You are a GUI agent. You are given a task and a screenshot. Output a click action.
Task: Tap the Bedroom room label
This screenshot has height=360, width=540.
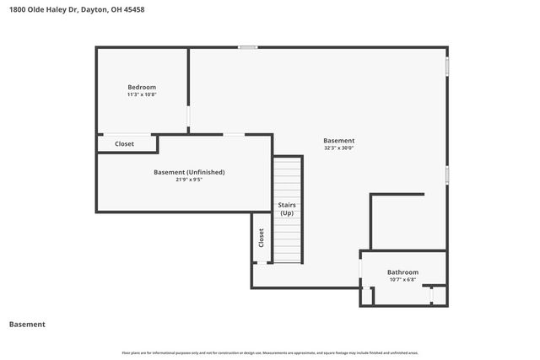point(142,87)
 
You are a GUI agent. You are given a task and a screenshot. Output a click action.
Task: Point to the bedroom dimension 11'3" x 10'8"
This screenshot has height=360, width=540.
point(142,94)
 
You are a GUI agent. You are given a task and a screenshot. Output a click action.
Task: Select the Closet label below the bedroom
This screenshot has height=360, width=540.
point(124,144)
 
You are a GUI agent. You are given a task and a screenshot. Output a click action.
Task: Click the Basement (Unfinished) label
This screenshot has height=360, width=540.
point(189,172)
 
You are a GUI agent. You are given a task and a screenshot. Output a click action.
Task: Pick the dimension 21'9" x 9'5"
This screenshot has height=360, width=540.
point(189,180)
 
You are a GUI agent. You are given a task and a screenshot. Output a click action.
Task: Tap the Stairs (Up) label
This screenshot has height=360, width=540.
point(287,209)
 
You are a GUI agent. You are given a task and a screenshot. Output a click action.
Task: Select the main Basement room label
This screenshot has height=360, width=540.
point(339,140)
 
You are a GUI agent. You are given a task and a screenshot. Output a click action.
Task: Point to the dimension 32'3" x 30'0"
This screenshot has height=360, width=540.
point(339,148)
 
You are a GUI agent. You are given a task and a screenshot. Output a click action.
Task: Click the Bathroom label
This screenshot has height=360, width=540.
point(402,271)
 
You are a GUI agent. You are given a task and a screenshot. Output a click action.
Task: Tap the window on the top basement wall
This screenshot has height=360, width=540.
point(247,47)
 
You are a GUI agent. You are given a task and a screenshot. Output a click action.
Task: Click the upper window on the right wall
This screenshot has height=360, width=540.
point(447,67)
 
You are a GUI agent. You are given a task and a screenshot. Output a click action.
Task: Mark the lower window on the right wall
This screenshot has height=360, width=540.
point(447,175)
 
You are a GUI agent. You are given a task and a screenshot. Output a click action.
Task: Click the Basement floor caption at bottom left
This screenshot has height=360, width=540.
point(27,324)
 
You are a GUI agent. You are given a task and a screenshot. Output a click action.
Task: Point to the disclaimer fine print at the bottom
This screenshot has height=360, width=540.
point(270,352)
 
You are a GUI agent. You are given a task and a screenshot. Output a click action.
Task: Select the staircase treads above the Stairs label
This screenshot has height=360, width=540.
point(288,177)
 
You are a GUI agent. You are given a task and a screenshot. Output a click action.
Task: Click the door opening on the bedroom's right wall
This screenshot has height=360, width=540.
point(188,115)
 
